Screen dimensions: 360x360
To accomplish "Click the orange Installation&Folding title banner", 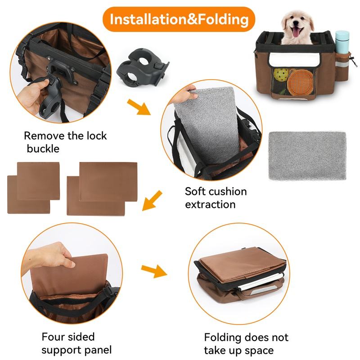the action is [x=179, y=19].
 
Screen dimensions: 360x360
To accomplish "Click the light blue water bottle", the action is [x=342, y=41].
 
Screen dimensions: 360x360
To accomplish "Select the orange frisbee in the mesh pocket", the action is [x=300, y=82].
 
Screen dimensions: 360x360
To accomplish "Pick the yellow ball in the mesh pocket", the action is [x=281, y=74].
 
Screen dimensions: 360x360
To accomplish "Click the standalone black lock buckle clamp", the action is [x=143, y=67].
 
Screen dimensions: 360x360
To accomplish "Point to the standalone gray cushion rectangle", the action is [x=307, y=156].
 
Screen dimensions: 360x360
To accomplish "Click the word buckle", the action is [x=43, y=148].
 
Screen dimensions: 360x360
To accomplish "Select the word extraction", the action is [x=210, y=204].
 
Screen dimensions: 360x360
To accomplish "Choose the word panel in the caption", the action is [x=98, y=350].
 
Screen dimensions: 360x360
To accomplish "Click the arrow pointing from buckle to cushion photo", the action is [x=139, y=107].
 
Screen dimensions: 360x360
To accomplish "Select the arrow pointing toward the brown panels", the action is [x=152, y=200].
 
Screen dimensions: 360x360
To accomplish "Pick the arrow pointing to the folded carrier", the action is [x=154, y=271].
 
